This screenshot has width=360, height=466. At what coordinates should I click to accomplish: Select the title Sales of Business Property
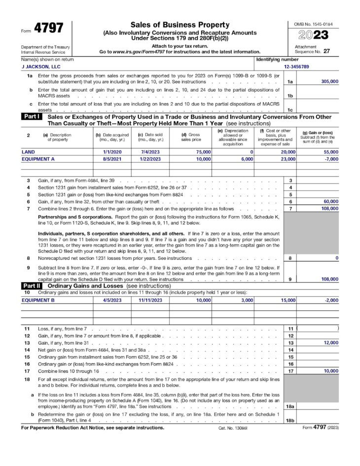pyautogui.click(x=180, y=25)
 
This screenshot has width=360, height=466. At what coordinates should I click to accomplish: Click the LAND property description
pyautogui.click(x=28, y=152)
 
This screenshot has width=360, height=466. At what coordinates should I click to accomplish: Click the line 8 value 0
pyautogui.click(x=337, y=258)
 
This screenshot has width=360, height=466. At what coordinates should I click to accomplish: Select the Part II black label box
pyautogui.click(x=32, y=286)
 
